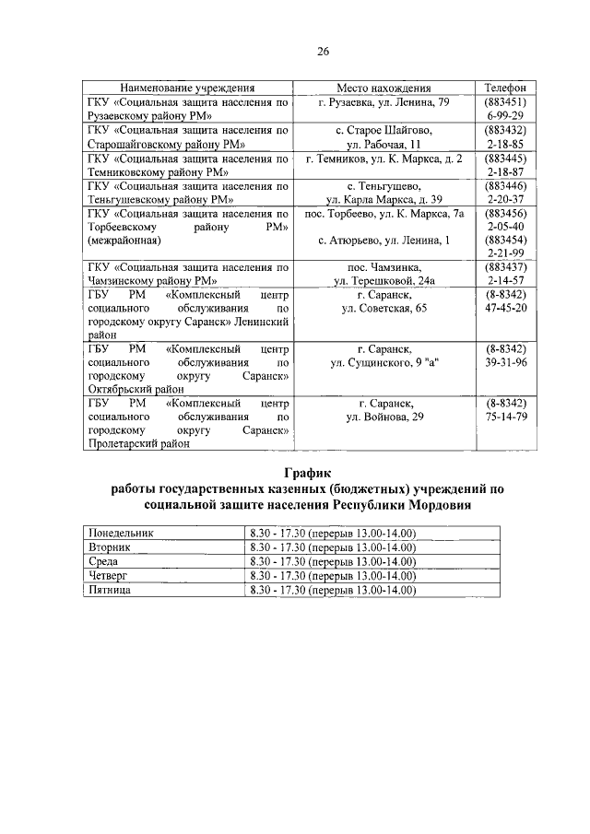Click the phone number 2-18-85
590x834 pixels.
tap(504, 145)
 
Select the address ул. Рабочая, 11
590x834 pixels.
tap(383, 145)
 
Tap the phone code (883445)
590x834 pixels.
tap(504, 159)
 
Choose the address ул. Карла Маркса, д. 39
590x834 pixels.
tap(383, 200)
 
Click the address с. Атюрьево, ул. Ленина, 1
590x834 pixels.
tap(383, 241)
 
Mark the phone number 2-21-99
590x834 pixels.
tap(504, 254)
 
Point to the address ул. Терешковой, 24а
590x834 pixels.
tap(383, 281)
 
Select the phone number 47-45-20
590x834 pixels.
tap(505, 308)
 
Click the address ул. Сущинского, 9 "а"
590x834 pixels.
tap(383, 363)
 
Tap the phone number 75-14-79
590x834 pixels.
tap(505, 417)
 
